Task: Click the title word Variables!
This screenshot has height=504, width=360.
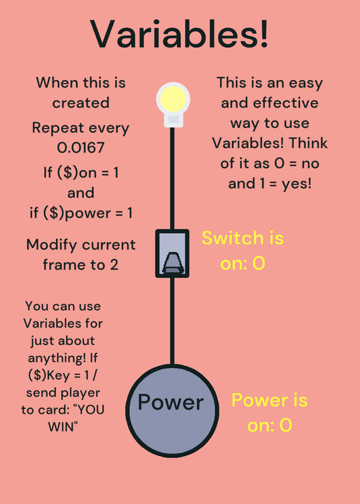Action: point(179,34)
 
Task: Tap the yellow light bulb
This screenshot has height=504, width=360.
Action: point(173,98)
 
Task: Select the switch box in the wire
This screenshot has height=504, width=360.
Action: point(172,253)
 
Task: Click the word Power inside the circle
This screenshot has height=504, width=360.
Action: point(171,402)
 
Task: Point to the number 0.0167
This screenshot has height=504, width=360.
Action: point(81,147)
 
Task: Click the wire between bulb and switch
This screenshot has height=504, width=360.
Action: point(172,178)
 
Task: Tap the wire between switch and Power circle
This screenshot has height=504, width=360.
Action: point(172,321)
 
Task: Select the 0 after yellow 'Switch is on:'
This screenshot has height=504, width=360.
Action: point(258,263)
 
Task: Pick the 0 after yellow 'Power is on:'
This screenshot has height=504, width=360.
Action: point(286,425)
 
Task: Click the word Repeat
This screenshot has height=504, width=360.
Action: point(53,128)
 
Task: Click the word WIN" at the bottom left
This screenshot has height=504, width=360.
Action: point(63,427)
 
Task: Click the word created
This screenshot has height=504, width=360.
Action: point(81,103)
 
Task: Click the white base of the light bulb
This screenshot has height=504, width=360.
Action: point(173,120)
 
